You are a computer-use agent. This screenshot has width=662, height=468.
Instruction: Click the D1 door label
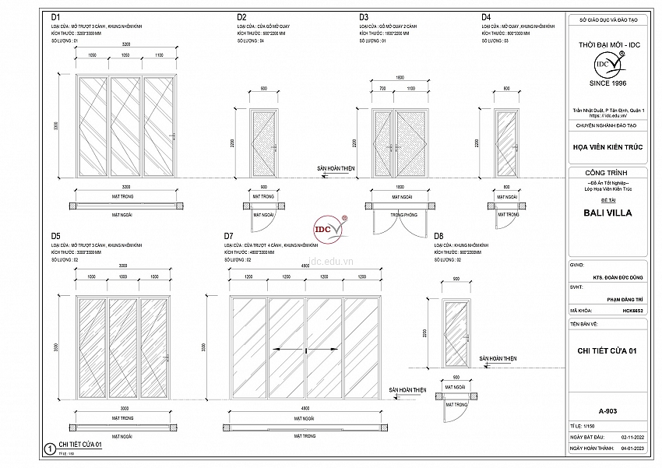coord(57,16)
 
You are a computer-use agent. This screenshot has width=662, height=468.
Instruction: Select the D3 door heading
coord(364,16)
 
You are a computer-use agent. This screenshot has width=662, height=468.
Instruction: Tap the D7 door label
coord(228,235)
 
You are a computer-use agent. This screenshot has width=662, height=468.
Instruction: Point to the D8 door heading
coord(439,235)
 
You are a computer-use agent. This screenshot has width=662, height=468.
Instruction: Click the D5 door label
coord(56,235)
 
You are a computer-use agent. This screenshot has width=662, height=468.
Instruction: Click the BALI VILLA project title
coord(607,212)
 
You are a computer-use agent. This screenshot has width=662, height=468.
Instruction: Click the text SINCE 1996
coord(608,83)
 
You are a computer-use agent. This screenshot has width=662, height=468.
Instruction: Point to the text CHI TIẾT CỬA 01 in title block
coord(607,351)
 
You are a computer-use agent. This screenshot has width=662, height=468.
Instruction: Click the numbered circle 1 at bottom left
coord(49,449)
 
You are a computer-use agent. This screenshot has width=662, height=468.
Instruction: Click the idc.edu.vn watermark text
coord(332,262)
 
